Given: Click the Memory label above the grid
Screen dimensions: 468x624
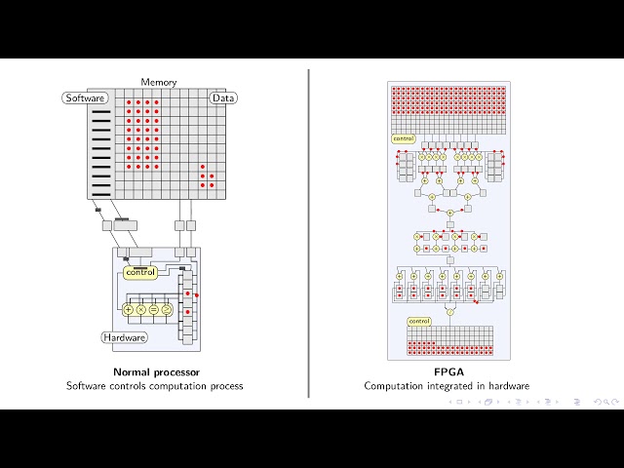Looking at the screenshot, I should click(x=159, y=83).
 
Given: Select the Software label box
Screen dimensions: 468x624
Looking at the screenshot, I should click(x=84, y=98).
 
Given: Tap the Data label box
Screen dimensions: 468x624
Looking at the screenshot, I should click(x=223, y=98).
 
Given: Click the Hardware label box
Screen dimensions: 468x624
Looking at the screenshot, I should click(x=125, y=337).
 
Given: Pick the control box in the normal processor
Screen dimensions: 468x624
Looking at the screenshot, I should click(x=140, y=272).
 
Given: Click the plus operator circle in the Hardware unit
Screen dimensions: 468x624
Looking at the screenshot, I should click(x=128, y=309).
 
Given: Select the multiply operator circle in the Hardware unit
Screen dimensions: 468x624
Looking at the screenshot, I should click(x=140, y=309).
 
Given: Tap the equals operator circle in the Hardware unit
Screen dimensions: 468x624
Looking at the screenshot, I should click(x=153, y=309).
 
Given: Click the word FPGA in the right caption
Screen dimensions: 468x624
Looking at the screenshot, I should click(x=448, y=372).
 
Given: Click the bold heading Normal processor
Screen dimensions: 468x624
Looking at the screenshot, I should click(x=155, y=372).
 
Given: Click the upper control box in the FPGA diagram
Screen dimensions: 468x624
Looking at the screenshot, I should click(x=403, y=138).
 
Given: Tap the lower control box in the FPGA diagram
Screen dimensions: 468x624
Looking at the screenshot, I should click(x=418, y=321).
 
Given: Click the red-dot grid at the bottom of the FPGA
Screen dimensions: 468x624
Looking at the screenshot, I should click(x=449, y=347).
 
